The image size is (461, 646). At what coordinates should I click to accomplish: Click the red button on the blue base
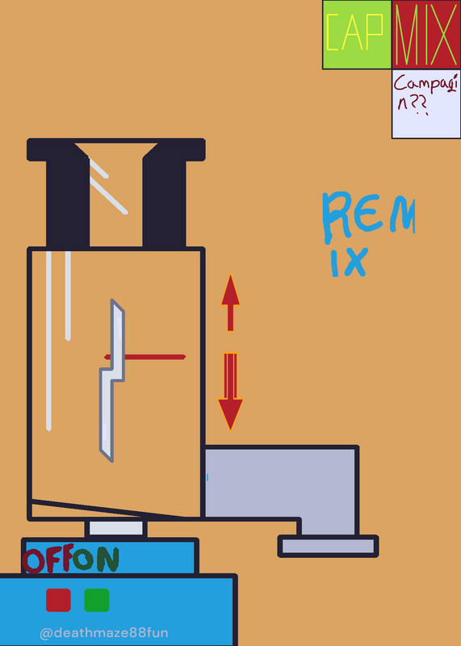(58, 600)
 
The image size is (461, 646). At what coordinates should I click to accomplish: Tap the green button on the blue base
(97, 600)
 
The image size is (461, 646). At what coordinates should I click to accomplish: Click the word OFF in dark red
(48, 560)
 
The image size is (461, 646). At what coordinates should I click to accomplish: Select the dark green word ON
(96, 559)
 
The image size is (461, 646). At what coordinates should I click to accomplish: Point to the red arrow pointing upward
(230, 302)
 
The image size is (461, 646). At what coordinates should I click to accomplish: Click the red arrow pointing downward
(230, 392)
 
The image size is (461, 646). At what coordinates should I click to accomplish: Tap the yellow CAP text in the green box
(355, 32)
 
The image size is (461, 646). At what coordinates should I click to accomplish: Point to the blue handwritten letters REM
(368, 217)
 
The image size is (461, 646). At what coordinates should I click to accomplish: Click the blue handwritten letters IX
(349, 262)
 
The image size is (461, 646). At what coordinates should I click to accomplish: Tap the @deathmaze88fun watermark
(104, 632)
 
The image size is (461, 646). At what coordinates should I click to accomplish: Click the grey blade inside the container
(111, 380)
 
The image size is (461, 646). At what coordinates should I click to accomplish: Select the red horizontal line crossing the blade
(145, 357)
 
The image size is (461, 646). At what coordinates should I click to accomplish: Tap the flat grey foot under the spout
(328, 547)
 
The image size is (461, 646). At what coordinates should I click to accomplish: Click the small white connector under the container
(115, 529)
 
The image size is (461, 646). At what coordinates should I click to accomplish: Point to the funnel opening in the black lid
(115, 194)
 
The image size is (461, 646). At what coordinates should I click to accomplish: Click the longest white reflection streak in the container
(48, 341)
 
